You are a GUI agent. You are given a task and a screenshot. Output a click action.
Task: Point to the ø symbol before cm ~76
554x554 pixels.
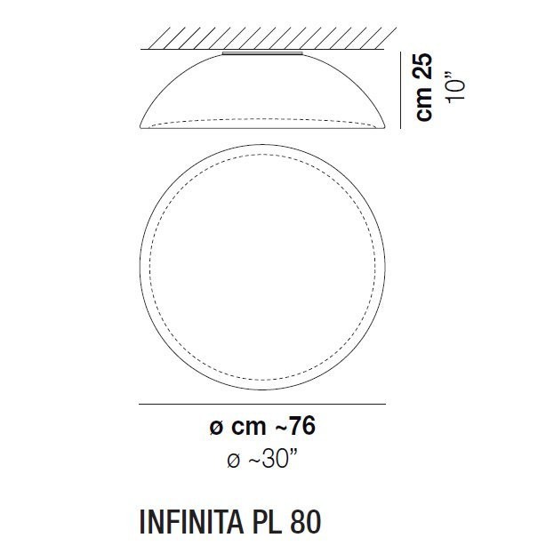[214, 428]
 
